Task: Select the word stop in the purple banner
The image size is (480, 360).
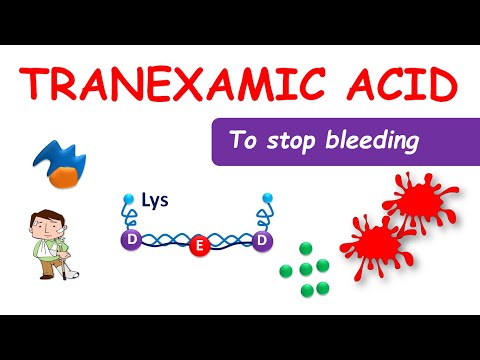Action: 297,141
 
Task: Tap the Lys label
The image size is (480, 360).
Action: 154,200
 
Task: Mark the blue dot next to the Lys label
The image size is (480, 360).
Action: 128,199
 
